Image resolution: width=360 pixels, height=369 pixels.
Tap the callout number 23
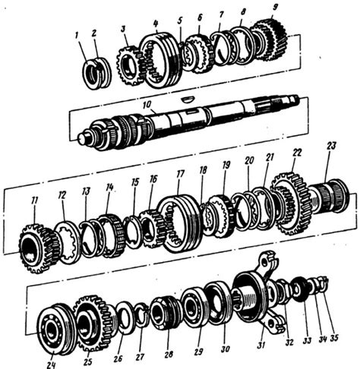(x=331, y=147)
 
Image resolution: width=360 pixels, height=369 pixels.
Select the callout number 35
(x=334, y=338)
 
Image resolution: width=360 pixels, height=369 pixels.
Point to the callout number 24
(x=51, y=364)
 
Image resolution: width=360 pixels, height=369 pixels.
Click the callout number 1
(x=77, y=36)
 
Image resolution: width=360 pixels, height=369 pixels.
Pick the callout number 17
(x=180, y=174)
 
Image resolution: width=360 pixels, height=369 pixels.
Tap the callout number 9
(x=274, y=8)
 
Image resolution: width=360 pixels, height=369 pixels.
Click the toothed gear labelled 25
(x=93, y=324)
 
